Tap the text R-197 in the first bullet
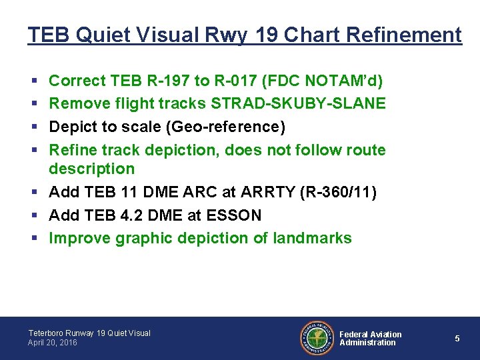(163, 81)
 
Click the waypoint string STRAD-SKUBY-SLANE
(299, 104)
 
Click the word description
(92, 169)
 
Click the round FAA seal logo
(315, 338)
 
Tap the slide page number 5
(457, 339)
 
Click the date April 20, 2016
(53, 343)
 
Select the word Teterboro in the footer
(47, 333)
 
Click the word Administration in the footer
(367, 343)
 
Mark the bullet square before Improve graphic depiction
(33, 239)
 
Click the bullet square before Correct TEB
(33, 81)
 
